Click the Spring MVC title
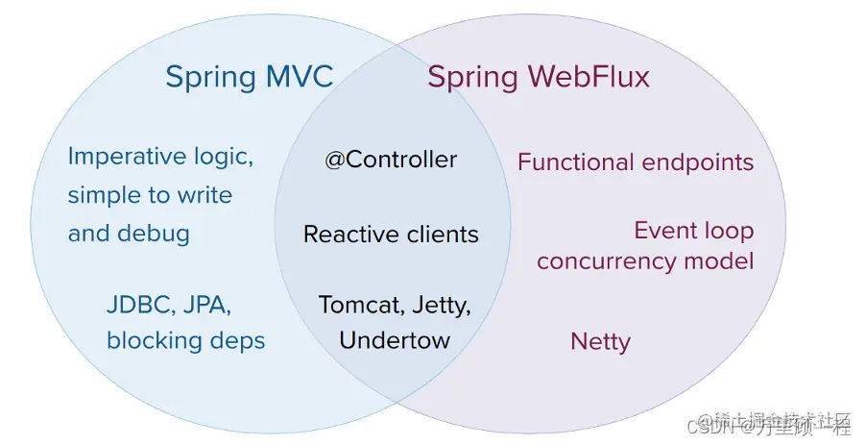click(249, 77)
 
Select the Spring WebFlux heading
click(539, 77)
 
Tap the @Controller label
click(391, 160)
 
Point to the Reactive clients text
click(391, 234)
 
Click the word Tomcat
click(357, 306)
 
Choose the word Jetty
click(441, 306)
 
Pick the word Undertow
click(395, 339)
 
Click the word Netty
click(600, 341)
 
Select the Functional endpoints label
click(636, 162)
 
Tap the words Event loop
click(693, 231)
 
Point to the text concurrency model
click(645, 260)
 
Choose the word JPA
click(207, 307)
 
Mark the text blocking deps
click(185, 340)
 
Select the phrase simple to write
click(150, 195)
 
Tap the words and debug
click(129, 233)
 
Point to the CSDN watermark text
click(717, 428)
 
